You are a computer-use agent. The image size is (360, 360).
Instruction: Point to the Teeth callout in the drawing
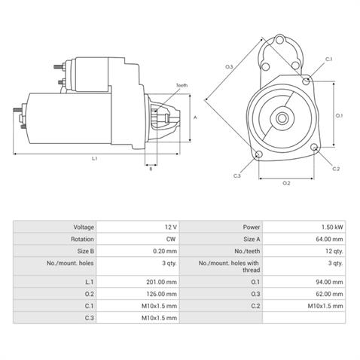[x=182, y=85]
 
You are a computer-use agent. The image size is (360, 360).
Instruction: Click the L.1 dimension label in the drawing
[x=95, y=159]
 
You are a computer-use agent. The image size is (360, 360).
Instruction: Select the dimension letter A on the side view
[x=196, y=117]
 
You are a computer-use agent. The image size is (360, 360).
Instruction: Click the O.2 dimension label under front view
[x=286, y=184]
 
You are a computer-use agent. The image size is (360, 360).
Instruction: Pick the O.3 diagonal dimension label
[x=229, y=68]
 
